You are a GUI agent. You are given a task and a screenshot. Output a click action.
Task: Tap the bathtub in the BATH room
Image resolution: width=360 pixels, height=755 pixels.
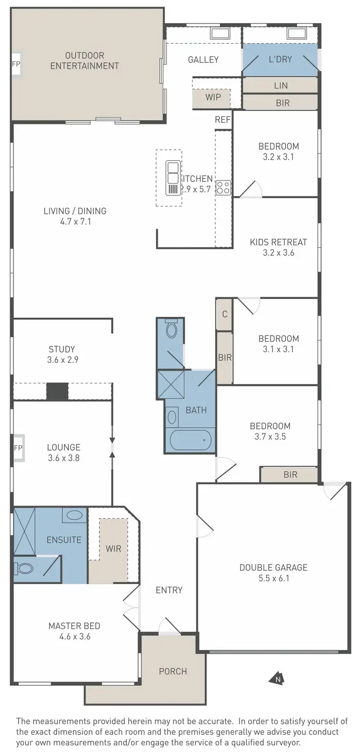tap(191, 440)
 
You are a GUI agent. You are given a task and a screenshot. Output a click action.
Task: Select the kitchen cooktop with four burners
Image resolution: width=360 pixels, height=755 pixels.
tap(223, 187)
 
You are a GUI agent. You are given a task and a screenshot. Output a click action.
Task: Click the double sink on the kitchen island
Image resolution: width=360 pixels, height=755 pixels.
tap(173, 178)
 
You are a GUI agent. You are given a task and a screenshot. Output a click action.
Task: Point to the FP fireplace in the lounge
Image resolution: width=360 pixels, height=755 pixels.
tap(18, 448)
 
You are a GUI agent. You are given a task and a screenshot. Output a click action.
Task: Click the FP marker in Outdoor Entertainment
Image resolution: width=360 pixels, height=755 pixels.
tap(16, 64)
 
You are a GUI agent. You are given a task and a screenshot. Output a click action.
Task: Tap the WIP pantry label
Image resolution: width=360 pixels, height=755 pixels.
tap(213, 97)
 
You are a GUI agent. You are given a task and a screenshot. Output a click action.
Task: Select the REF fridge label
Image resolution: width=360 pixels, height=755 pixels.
tap(223, 120)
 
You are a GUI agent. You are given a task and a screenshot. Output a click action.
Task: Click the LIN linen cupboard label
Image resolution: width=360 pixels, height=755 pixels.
tap(281, 85)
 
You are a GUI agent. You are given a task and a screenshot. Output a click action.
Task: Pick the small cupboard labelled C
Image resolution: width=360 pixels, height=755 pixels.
tap(225, 315)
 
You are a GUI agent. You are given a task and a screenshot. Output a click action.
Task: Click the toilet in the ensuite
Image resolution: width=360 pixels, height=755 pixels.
tap(24, 569)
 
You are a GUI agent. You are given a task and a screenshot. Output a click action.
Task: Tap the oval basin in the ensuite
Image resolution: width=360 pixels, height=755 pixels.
tap(74, 516)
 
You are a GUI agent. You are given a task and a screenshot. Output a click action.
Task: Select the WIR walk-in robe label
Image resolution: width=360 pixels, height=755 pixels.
tap(113, 548)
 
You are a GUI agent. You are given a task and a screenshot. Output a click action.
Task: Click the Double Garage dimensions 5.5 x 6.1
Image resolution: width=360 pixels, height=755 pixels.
tap(274, 578)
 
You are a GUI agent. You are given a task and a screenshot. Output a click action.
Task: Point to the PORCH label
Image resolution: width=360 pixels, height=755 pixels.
tap(173, 671)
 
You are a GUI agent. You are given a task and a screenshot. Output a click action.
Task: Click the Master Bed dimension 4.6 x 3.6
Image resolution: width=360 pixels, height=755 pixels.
tap(74, 636)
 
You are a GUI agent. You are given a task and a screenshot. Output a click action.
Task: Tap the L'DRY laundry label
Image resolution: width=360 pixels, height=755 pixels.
tap(280, 60)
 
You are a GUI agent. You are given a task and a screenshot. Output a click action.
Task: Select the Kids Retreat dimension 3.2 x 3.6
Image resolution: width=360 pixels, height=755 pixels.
tap(278, 252)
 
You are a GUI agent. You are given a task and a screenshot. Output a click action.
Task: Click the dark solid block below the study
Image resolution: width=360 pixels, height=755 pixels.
tap(58, 391)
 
